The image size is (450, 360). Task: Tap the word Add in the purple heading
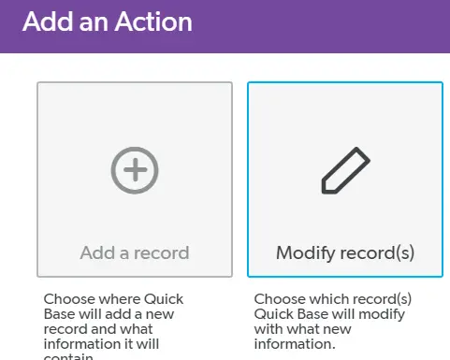click(x=43, y=22)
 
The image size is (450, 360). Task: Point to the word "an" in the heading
click(x=92, y=22)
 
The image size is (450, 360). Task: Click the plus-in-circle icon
click(x=134, y=169)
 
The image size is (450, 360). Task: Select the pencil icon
click(x=345, y=170)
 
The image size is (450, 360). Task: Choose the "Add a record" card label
click(x=134, y=252)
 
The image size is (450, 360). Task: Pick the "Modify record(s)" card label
click(x=345, y=252)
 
